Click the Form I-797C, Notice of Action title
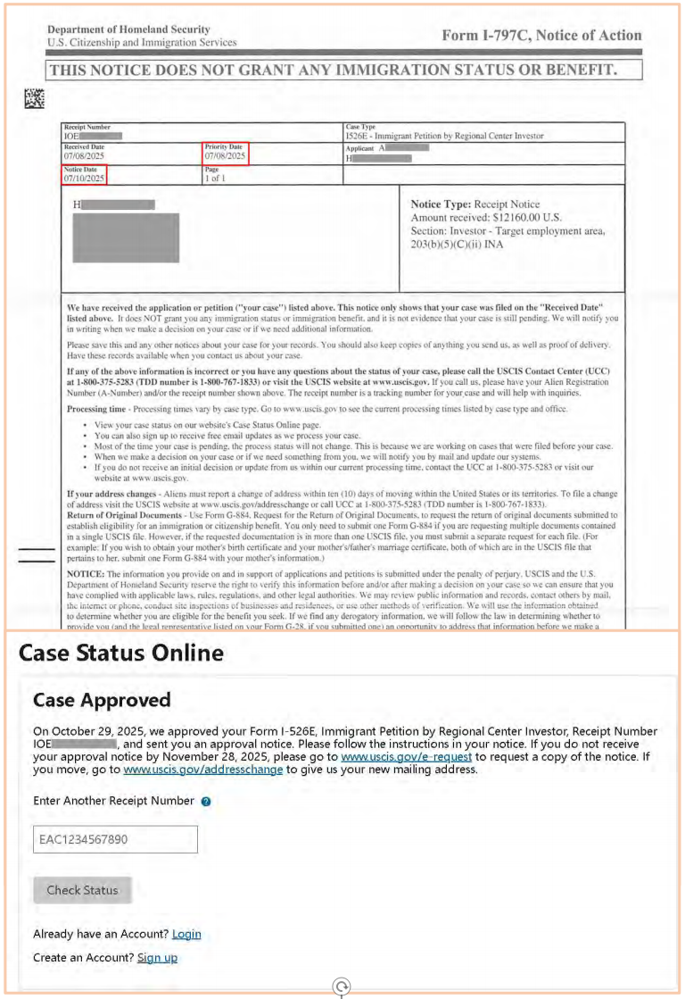pos(541,36)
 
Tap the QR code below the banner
pos(34,99)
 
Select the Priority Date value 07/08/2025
pos(224,156)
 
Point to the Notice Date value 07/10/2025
pos(84,179)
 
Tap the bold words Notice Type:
pos(441,204)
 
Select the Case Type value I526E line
pos(443,136)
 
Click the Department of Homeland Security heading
pos(128,29)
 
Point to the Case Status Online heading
pos(121,654)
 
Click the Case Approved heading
pos(102,699)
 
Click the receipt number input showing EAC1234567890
pos(115,839)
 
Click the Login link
pos(186,934)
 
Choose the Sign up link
pos(157,957)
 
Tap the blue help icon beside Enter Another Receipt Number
pos(206,802)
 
